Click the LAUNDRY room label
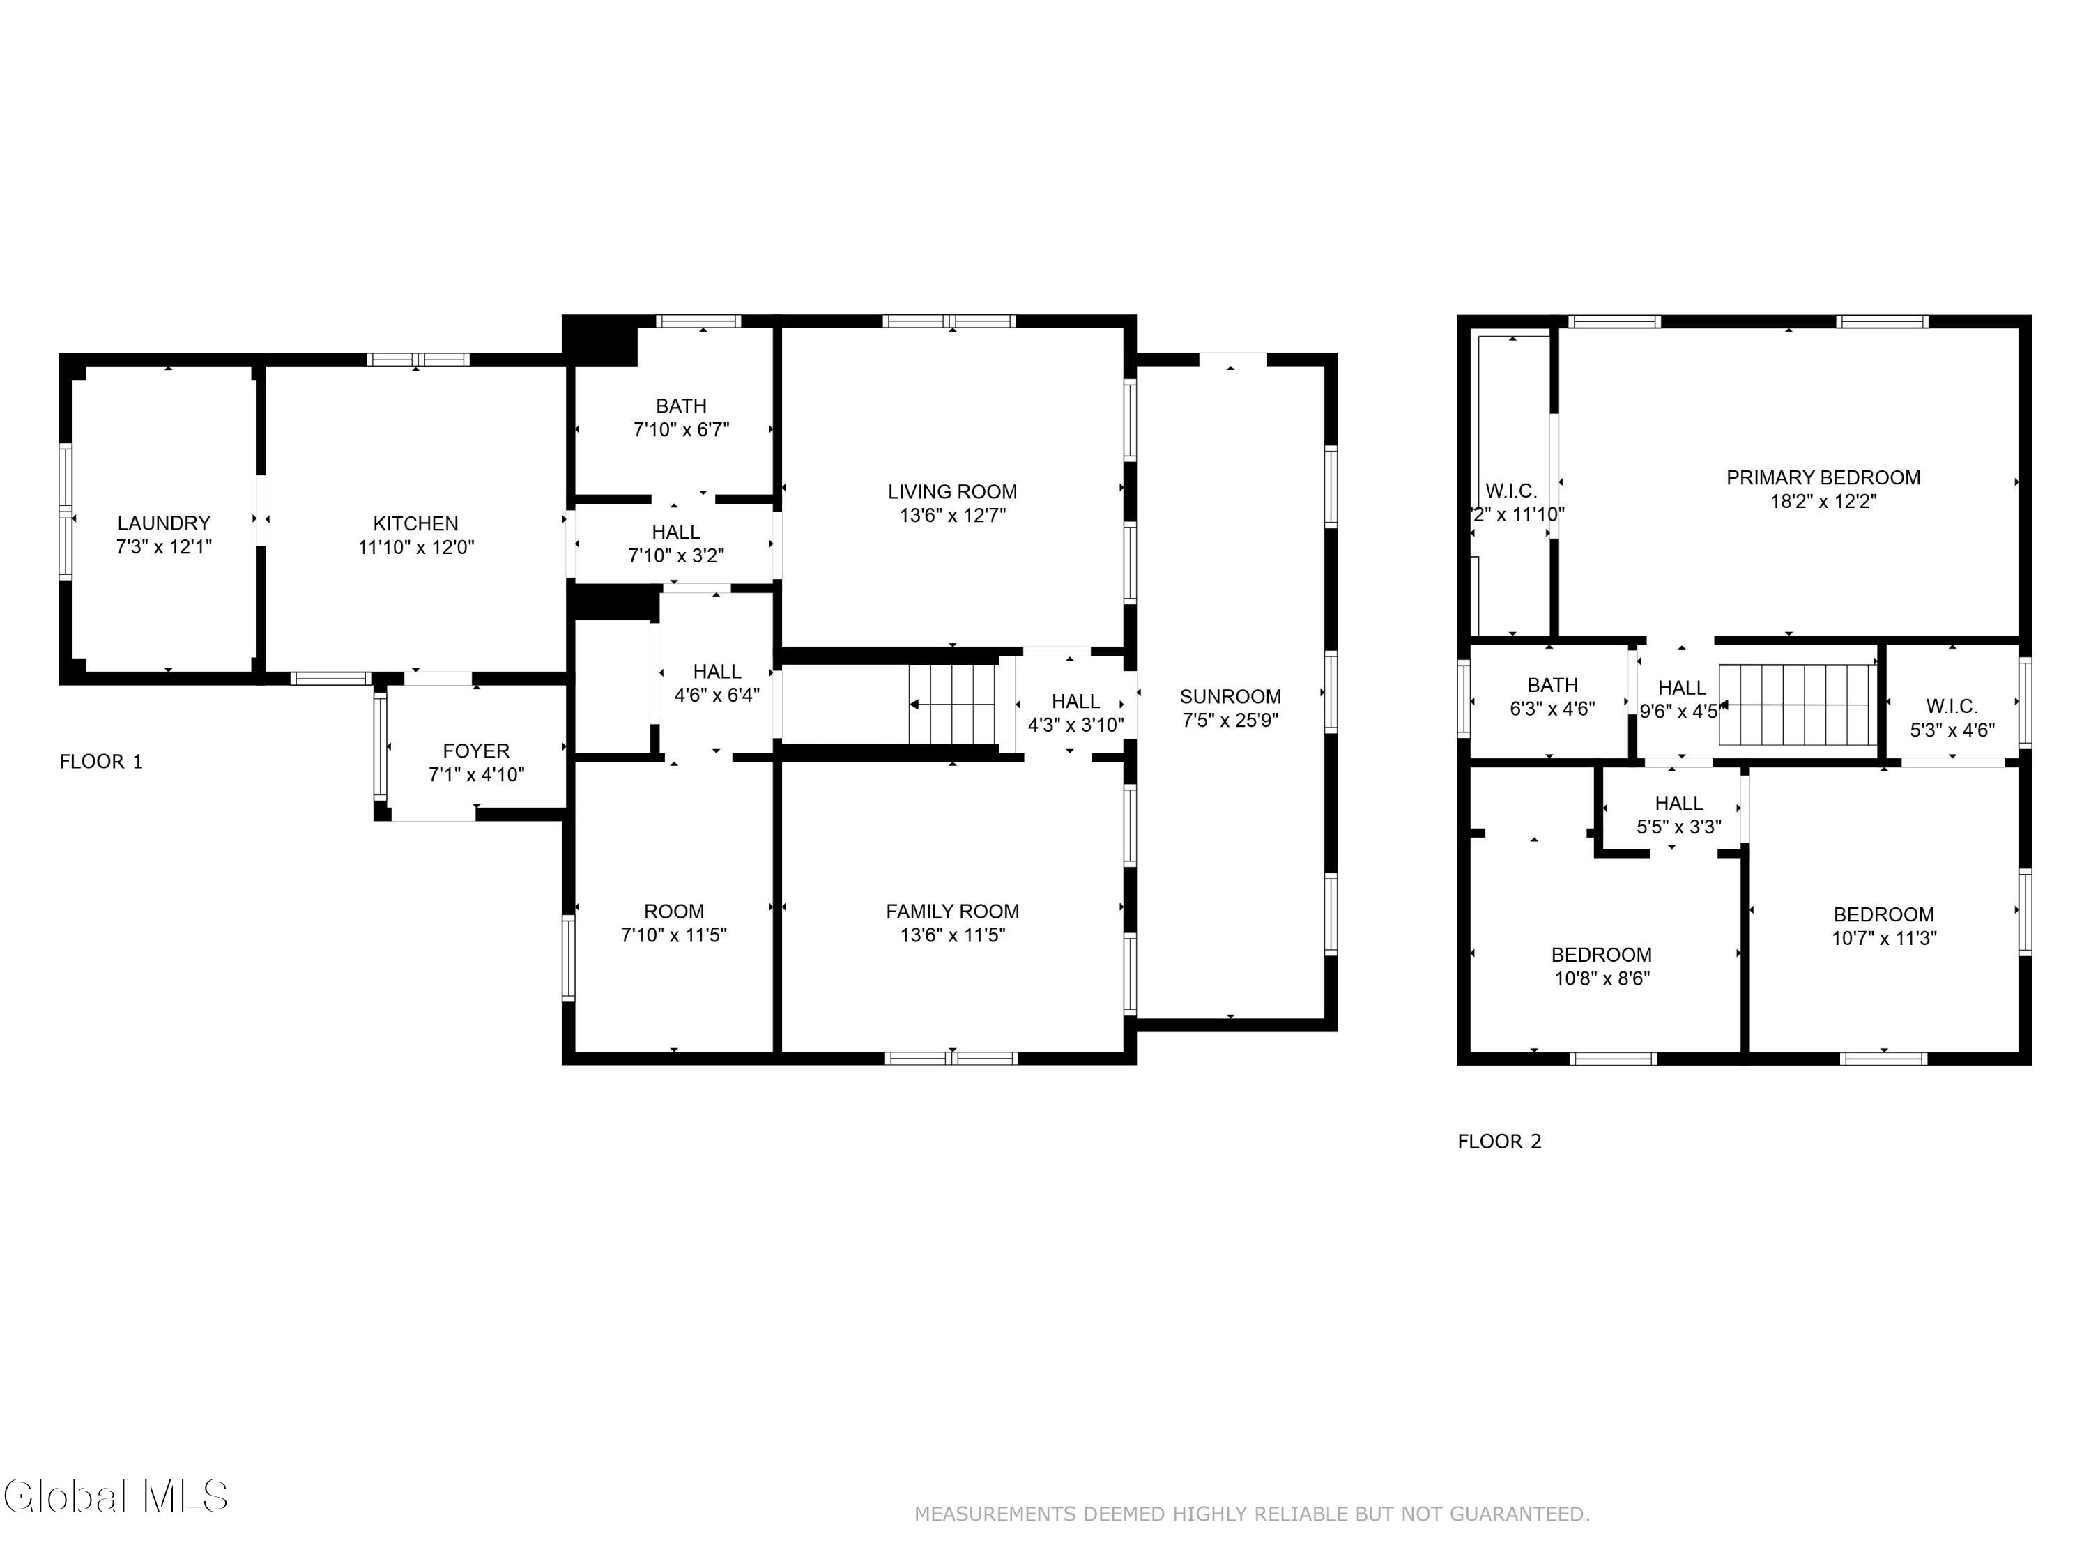tap(164, 523)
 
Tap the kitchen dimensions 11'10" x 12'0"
tap(416, 547)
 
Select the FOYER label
tap(475, 751)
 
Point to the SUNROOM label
tap(1230, 697)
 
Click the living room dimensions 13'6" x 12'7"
tap(952, 515)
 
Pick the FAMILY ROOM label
tap(952, 911)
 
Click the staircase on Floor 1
tap(952, 704)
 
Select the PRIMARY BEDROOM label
tap(1823, 477)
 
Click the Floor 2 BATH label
tap(1552, 685)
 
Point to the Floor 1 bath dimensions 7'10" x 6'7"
tap(680, 429)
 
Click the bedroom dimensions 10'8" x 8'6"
tap(1601, 978)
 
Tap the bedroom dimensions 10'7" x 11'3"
tap(1883, 937)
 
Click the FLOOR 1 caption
tap(101, 762)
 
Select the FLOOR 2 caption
tap(1499, 1141)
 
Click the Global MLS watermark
tap(115, 1496)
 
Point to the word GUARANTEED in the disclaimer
tap(1519, 1514)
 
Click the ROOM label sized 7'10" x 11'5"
tap(673, 911)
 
